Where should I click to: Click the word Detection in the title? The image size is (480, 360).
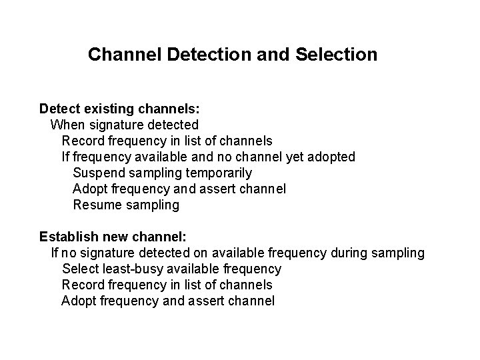coord(207,54)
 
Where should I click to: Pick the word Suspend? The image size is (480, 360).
coord(97,173)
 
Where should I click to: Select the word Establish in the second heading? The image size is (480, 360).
coord(69,237)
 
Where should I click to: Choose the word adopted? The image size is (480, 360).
coord(332,157)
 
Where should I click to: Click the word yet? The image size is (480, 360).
coord(295,157)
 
